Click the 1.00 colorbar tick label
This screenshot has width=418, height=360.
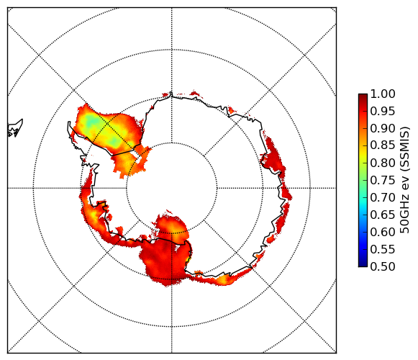coord(383,94)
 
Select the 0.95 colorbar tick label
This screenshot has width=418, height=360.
coord(383,111)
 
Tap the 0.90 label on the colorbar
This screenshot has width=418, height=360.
coord(383,128)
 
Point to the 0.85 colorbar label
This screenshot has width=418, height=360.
coord(383,145)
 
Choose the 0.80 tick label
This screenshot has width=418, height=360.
coord(383,163)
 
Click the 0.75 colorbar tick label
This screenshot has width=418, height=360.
coord(383,180)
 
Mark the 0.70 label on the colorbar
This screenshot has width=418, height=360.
coord(383,197)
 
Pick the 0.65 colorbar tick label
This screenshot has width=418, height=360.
coord(383,215)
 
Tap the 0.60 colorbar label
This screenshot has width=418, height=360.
coord(383,232)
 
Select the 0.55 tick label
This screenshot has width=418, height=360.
coord(383,249)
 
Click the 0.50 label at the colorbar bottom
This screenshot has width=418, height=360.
coord(383,266)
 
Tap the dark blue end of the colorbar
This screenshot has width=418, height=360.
coord(363,264)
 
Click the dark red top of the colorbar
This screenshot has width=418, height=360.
coord(363,96)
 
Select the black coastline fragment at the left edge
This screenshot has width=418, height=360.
coord(15,129)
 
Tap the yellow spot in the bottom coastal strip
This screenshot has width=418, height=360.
coord(222,279)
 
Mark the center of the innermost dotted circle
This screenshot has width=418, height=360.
coord(172,188)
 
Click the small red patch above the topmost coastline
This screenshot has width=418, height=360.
coord(196,93)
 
